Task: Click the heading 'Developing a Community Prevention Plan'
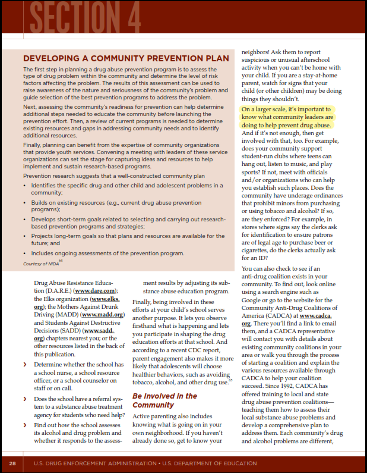pyautogui.click(x=125, y=58)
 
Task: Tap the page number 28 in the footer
pyautogui.click(x=12, y=463)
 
